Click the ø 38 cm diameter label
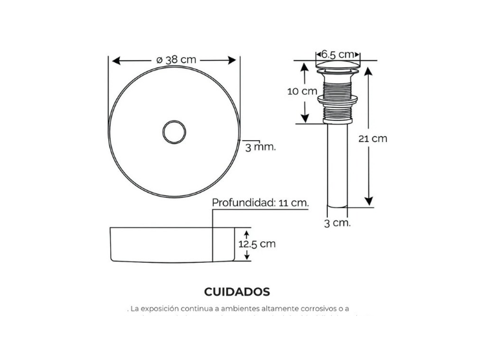(176, 59)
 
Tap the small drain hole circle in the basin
(174, 121)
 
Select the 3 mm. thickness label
(260, 147)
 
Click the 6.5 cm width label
(337, 54)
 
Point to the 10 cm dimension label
(302, 91)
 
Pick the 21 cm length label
(373, 138)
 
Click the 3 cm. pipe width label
(337, 223)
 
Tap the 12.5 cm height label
(257, 244)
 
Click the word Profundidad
(244, 202)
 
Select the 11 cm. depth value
(294, 202)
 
